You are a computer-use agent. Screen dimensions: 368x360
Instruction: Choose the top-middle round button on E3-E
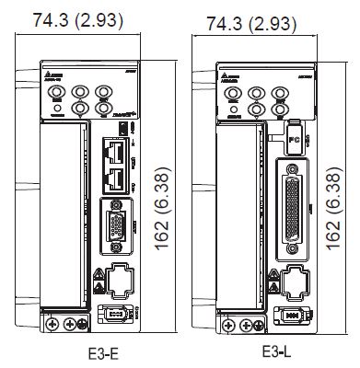tap(81, 93)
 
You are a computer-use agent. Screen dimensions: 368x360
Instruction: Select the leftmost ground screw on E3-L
tap(226, 322)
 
